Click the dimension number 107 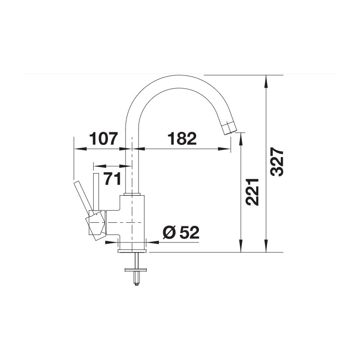click(103, 139)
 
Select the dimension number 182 click(182, 139)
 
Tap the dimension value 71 click(112, 179)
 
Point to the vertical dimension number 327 click(277, 162)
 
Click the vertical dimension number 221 click(252, 192)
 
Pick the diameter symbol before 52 click(170, 232)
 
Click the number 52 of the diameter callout click(189, 232)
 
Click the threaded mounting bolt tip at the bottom click(137, 284)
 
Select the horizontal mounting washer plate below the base click(136, 270)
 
